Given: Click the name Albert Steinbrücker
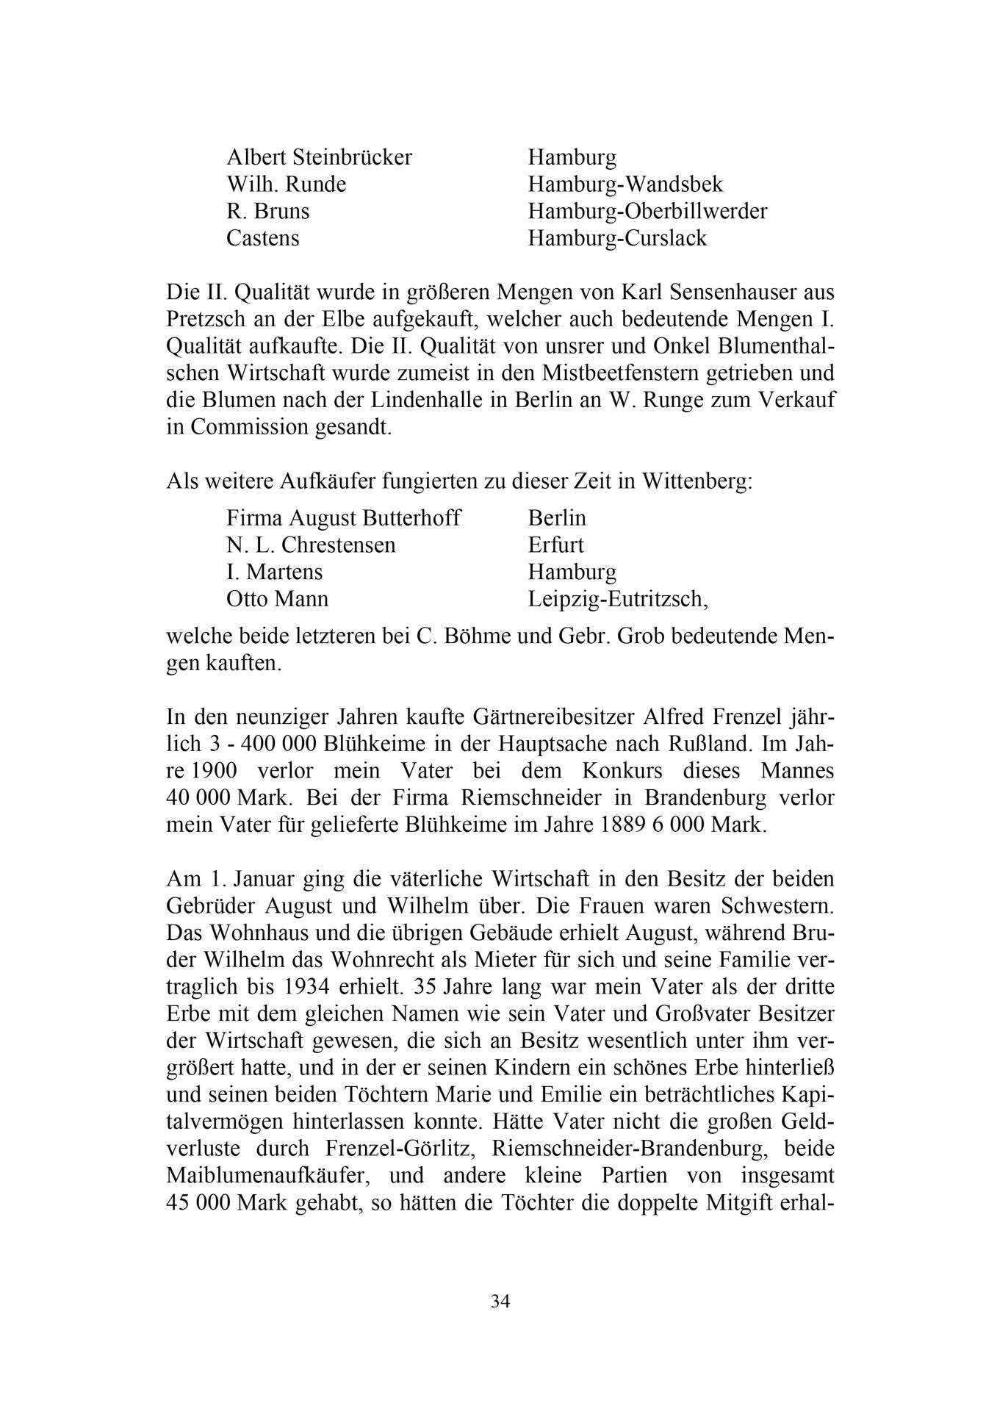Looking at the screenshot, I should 319,157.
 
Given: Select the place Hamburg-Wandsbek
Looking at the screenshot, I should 625,184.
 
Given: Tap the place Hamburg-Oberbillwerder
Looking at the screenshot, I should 647,212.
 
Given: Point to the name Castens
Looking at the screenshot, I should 262,238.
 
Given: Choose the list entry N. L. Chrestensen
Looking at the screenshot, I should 311,545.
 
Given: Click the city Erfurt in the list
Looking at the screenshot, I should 555,545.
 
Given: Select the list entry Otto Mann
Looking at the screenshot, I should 277,600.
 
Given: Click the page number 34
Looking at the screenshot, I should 500,1302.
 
